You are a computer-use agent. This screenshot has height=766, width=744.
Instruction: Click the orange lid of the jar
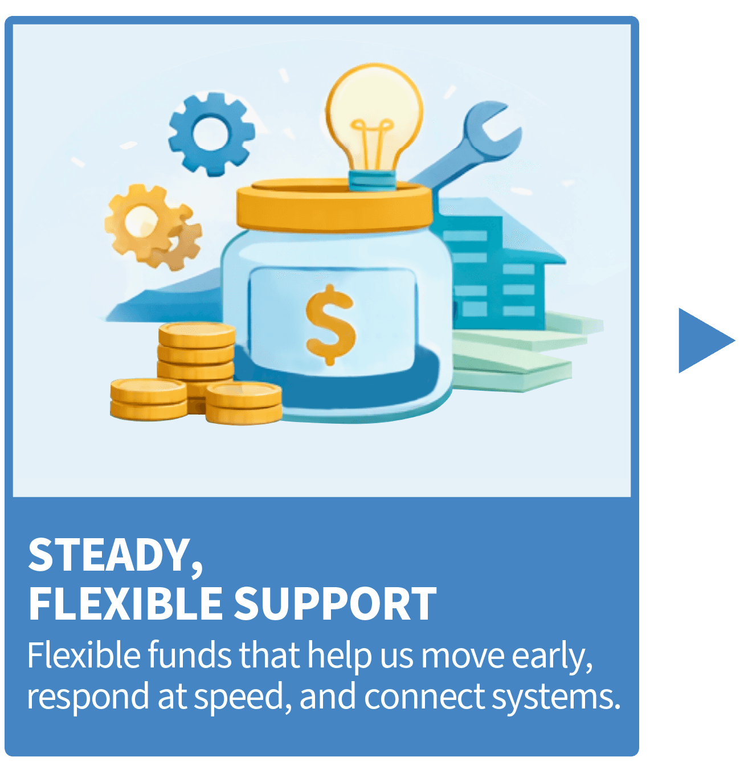point(335,205)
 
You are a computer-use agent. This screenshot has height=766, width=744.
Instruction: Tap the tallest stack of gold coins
point(197,353)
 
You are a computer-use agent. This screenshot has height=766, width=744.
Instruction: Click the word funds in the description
point(190,656)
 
